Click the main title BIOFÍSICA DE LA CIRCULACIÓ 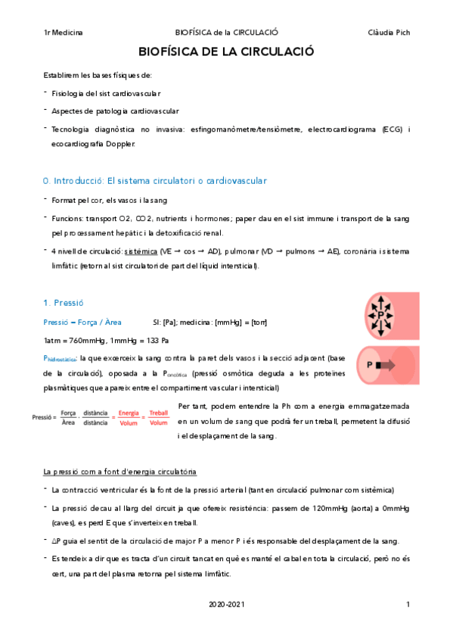226,52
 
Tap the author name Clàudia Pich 388,33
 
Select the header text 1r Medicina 64,33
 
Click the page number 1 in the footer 408,604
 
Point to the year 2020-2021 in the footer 226,604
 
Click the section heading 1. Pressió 67,302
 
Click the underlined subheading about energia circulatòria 120,472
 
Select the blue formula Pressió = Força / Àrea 83,322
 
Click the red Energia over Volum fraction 129,418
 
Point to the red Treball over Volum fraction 159,418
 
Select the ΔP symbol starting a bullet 57,541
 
